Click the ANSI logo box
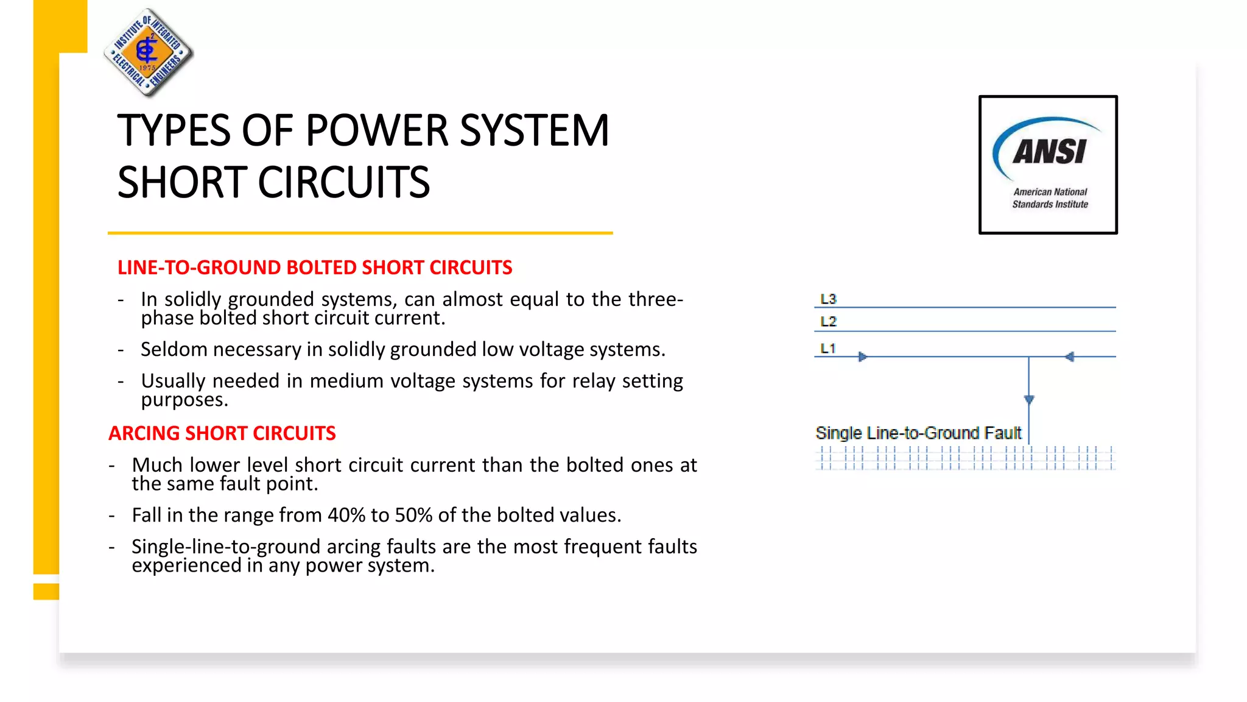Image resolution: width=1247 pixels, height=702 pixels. [1048, 165]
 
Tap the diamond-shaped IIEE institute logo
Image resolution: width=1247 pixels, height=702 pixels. [148, 53]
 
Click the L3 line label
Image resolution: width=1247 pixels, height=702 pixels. [828, 299]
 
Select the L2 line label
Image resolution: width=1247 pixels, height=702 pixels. [828, 321]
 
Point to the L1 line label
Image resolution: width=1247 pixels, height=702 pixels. [827, 349]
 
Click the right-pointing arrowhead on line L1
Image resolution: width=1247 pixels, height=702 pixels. [862, 356]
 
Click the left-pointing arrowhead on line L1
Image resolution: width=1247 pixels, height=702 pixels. [1069, 356]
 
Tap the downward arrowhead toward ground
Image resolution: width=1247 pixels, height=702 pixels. [1029, 400]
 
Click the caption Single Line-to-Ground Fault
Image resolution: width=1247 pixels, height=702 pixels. [918, 433]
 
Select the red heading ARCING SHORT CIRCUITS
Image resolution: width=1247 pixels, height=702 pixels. [222, 433]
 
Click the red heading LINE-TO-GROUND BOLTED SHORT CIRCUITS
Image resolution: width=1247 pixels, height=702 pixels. [315, 268]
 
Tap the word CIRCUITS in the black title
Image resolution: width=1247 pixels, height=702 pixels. [343, 182]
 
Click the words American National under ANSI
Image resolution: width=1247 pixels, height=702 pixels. [1050, 192]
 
